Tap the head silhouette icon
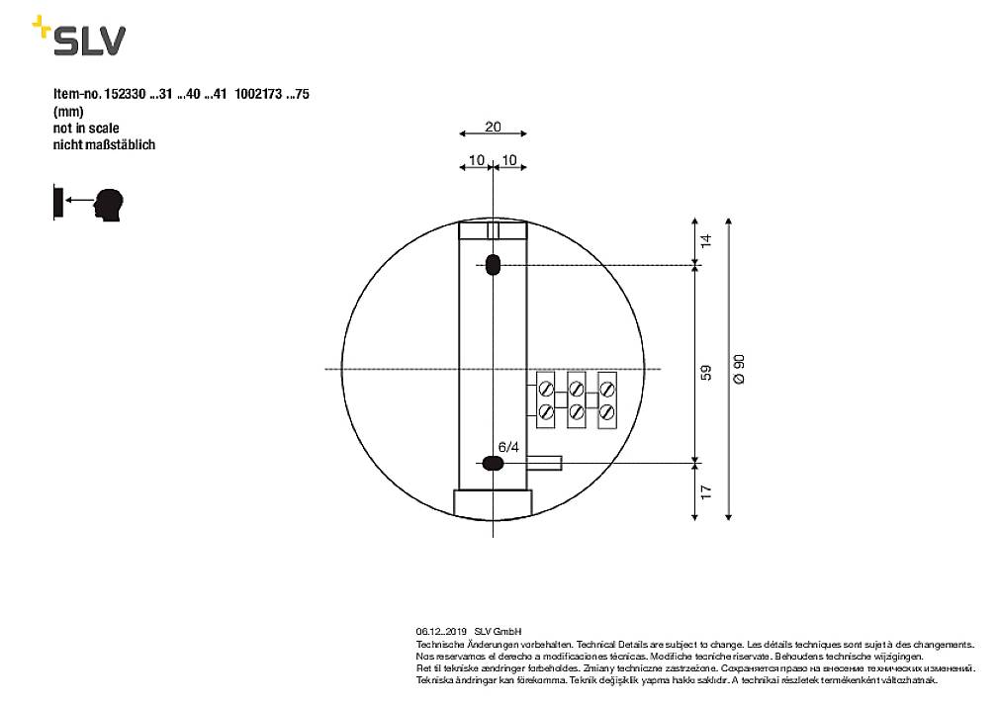point(110,204)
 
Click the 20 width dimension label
point(493,127)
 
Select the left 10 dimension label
point(476,159)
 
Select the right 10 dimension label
point(510,159)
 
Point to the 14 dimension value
point(705,240)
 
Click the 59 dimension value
point(705,374)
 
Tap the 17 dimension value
point(705,490)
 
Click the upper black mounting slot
point(493,265)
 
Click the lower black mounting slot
point(492,462)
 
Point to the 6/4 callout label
point(508,447)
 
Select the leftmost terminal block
point(546,400)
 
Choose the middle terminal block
point(577,400)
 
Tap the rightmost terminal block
point(607,400)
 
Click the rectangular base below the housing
point(493,502)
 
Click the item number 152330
point(124,95)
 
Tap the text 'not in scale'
point(86,128)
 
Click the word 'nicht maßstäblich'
point(104,144)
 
